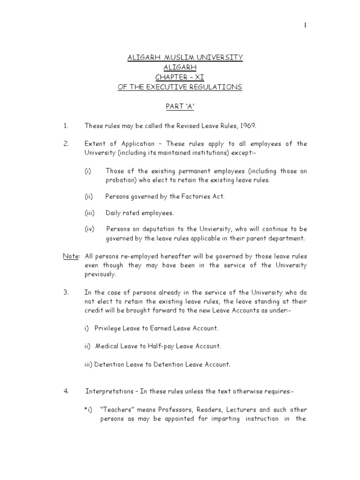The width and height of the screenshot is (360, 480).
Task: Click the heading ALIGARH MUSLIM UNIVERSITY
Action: click(x=185, y=57)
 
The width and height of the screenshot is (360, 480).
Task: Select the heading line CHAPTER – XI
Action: click(x=185, y=77)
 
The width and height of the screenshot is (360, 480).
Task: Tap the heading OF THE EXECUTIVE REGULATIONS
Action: click(x=185, y=87)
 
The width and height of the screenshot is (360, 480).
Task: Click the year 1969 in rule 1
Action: click(x=248, y=126)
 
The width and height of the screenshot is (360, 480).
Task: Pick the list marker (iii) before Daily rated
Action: click(x=90, y=213)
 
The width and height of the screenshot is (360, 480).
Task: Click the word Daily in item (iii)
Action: click(x=114, y=213)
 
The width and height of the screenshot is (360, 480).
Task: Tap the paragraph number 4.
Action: click(x=66, y=390)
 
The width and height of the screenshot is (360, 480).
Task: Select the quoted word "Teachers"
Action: click(x=116, y=409)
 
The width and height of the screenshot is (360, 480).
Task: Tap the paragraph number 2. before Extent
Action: click(x=66, y=143)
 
